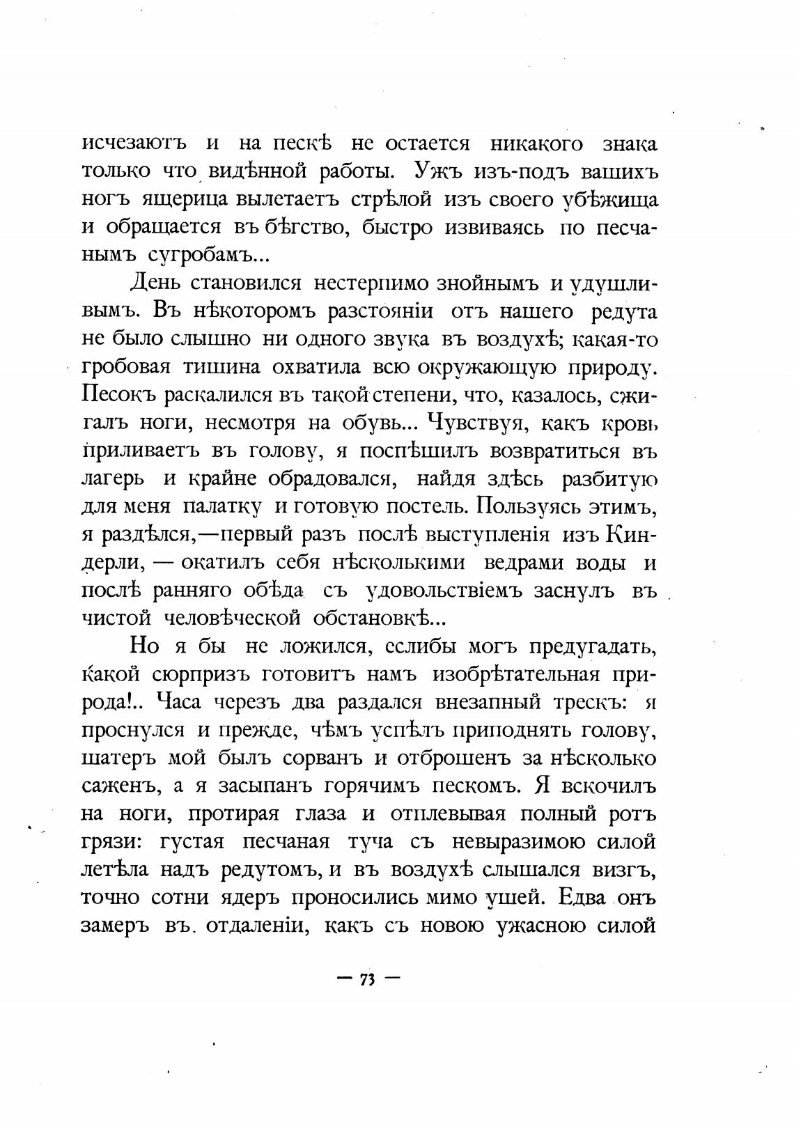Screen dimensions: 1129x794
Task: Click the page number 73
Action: point(367,979)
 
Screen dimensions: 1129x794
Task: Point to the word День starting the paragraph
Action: point(155,283)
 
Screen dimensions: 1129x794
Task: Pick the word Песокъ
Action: point(118,396)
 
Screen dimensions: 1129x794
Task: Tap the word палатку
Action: point(222,506)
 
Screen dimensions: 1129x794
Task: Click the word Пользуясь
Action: point(536,506)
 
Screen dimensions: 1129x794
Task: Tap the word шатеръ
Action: point(119,758)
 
